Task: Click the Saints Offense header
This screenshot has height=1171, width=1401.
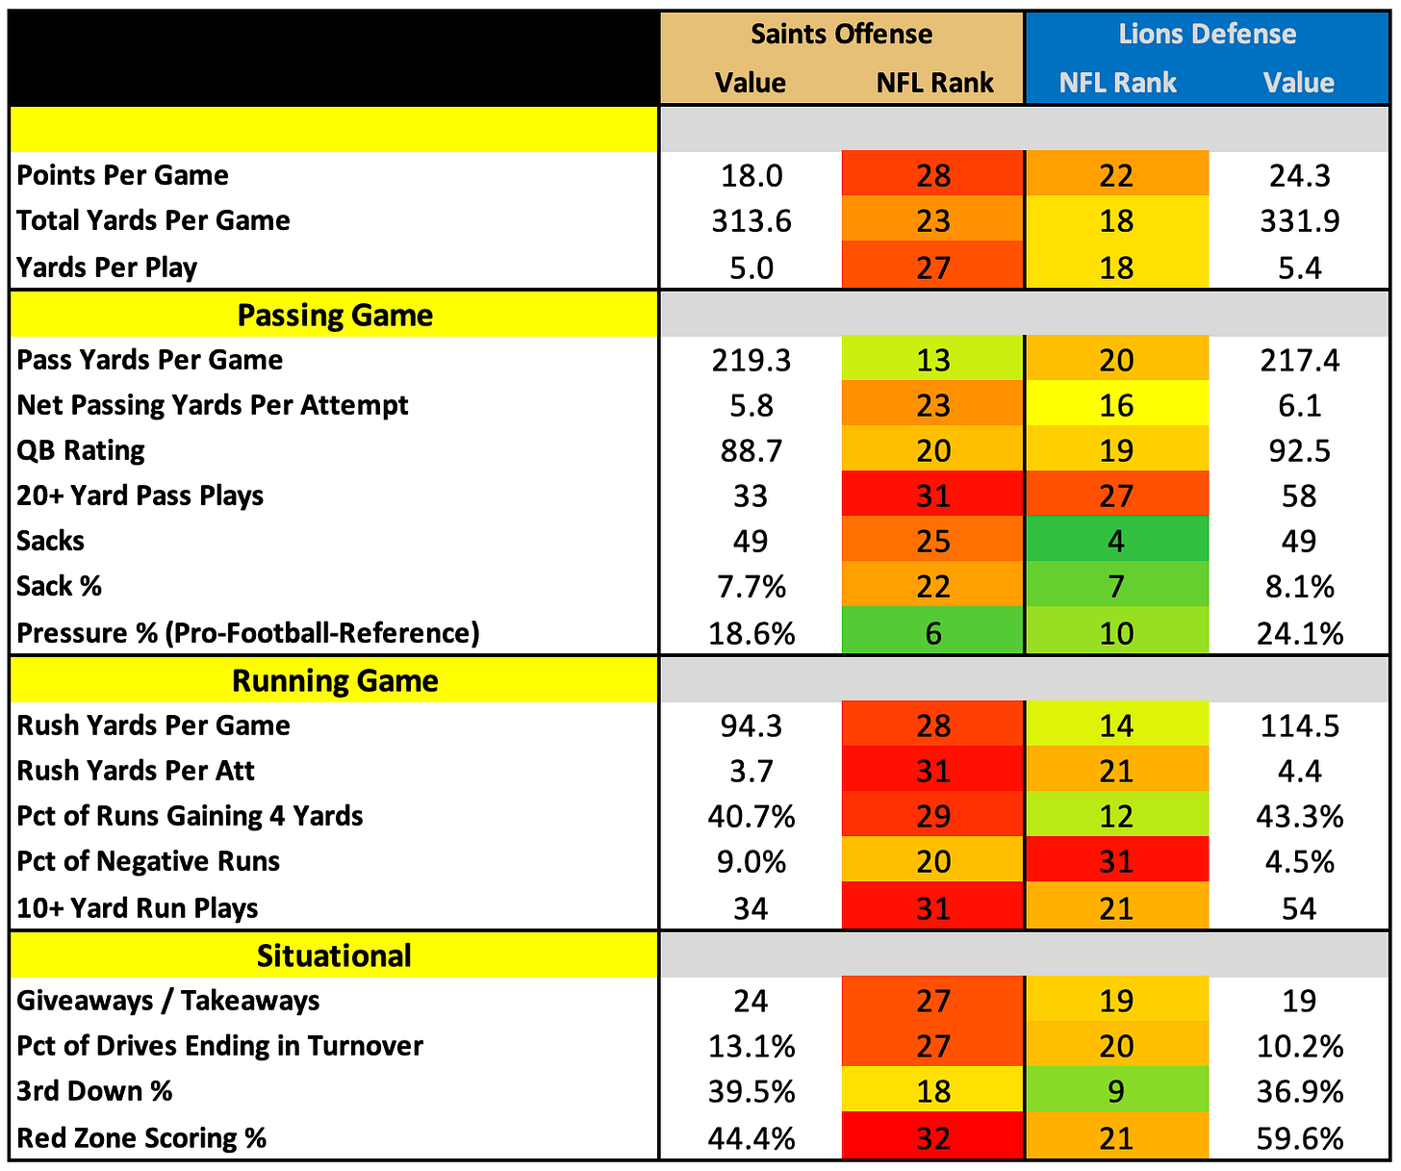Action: (841, 35)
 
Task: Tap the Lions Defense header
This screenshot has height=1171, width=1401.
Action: (1207, 35)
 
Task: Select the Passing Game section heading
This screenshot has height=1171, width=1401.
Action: (335, 315)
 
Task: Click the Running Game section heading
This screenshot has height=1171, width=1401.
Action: (335, 680)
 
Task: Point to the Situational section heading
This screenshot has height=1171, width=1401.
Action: (334, 955)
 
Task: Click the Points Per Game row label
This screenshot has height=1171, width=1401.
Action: (123, 175)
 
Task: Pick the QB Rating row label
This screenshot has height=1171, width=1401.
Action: (81, 450)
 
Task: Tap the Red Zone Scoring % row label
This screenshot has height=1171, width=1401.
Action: (141, 1138)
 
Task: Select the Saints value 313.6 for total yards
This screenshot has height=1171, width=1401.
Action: (751, 220)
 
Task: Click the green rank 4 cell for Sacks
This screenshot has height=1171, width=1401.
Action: (1116, 539)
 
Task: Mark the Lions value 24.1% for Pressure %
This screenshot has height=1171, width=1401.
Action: (1300, 633)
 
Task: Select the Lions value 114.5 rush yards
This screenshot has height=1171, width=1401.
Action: (1300, 726)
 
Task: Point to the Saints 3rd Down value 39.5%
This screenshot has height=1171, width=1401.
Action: (751, 1092)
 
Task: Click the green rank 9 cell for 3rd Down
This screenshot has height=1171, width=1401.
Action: (1116, 1090)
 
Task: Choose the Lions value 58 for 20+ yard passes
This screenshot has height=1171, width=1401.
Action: (1300, 496)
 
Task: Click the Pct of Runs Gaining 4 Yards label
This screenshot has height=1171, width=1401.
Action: (190, 817)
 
